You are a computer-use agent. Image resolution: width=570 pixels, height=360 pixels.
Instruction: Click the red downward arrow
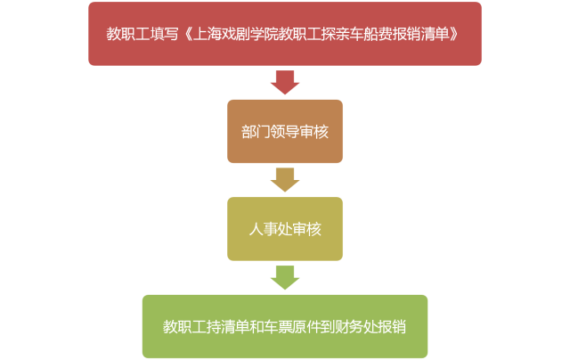284,82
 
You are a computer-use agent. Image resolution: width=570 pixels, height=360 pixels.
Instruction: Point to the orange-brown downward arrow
284,179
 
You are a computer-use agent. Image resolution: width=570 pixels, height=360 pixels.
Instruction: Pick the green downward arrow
284,277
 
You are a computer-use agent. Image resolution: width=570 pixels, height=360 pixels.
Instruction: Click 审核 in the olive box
306,229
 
